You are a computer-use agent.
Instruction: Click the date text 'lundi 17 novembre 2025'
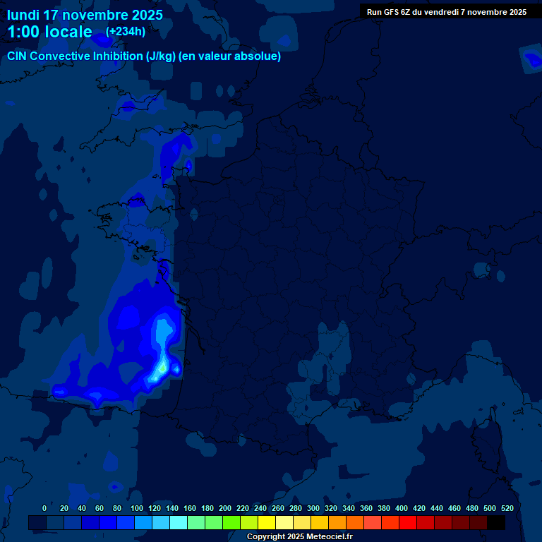85,15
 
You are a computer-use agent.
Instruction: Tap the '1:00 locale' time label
49,32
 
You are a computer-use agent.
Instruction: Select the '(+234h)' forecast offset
125,32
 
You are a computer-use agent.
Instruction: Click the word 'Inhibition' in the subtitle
118,56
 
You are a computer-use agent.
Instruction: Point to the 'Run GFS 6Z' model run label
389,12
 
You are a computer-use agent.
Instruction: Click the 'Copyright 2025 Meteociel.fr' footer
299,536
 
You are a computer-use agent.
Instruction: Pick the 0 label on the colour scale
44,508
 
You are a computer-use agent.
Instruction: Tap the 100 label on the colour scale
137,508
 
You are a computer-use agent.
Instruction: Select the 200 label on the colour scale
225,508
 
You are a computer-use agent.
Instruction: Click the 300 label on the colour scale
313,508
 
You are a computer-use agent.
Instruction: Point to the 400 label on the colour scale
402,508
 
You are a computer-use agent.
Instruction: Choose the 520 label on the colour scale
507,508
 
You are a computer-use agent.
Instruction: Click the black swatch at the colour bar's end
496,522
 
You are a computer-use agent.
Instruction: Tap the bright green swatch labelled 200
231,522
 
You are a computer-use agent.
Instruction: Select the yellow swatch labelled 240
267,522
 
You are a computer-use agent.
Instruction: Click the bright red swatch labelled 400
408,522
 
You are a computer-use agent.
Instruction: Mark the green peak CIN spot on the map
162,368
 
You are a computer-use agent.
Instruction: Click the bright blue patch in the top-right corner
531,60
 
